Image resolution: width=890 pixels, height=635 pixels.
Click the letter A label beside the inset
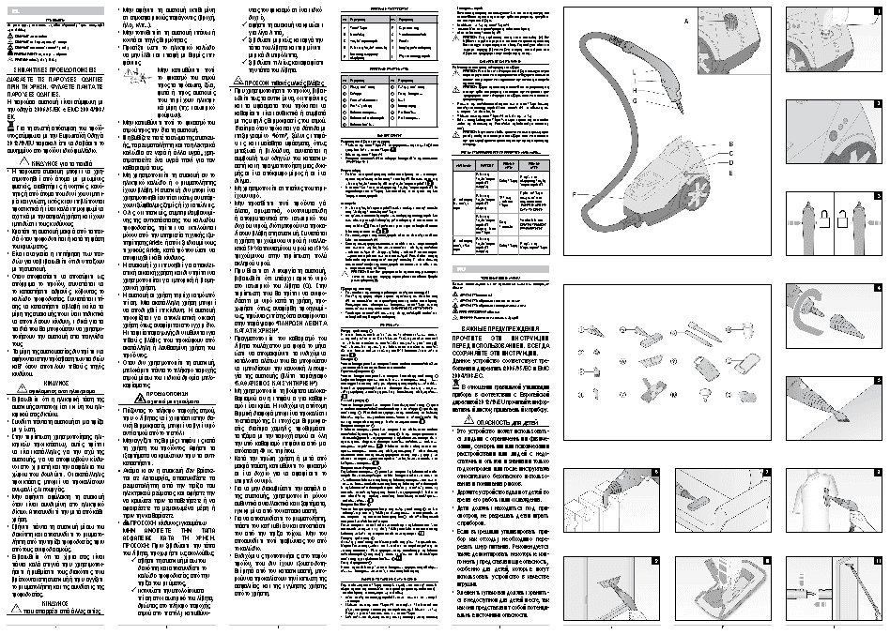[x=685, y=19]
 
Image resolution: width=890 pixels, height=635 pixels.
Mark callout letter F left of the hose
[x=582, y=194]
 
